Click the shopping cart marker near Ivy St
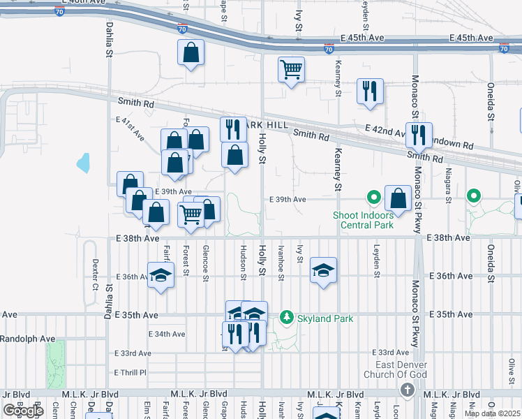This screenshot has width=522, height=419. [x=291, y=70]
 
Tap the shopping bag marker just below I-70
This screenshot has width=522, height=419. [x=191, y=53]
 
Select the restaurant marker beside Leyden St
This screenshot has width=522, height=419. [x=370, y=91]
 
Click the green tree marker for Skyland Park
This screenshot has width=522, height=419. [x=286, y=318]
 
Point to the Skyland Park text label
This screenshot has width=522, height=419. [x=325, y=319]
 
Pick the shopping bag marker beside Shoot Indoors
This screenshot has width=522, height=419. [x=398, y=198]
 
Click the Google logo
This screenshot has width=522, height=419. [x=23, y=411]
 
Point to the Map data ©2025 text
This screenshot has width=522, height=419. [x=491, y=413]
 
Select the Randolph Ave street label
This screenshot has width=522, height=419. [x=27, y=339]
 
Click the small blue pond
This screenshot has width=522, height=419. [x=84, y=163]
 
